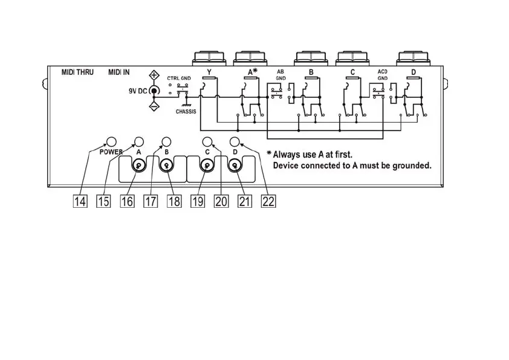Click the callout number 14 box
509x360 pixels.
(x=80, y=202)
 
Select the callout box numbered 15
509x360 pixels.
(x=103, y=202)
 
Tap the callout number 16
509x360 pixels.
(x=127, y=202)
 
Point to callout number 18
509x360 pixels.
(x=174, y=202)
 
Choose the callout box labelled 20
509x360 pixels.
(x=221, y=202)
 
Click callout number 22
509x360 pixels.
(x=268, y=202)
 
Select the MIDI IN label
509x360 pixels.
(x=118, y=72)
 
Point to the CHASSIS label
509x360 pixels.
(x=186, y=112)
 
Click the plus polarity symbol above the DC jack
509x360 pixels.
(x=154, y=77)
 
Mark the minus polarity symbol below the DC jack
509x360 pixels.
(x=154, y=106)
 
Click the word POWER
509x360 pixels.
(x=111, y=152)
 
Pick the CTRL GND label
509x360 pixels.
(x=179, y=79)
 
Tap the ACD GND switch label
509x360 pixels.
(x=382, y=75)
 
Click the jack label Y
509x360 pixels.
(x=209, y=72)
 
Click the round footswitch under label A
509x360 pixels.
(x=140, y=167)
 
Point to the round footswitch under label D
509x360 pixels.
(x=233, y=167)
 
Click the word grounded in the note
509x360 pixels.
(x=412, y=165)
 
